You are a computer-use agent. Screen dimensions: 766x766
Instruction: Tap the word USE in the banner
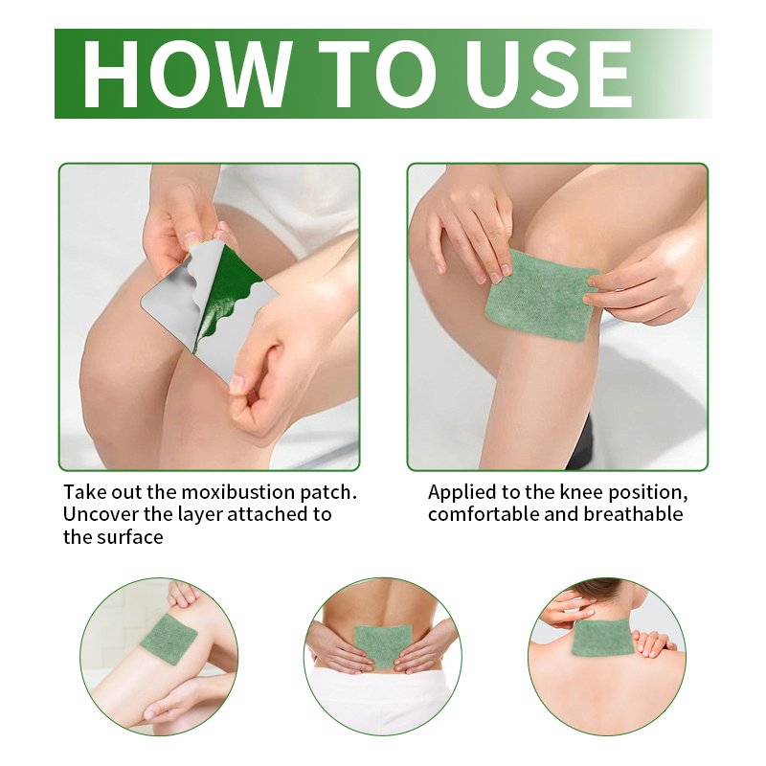pyautogui.click(x=548, y=75)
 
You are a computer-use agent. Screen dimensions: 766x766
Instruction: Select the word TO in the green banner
pyautogui.click(x=376, y=75)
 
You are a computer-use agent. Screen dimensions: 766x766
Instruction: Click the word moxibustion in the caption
pyautogui.click(x=237, y=492)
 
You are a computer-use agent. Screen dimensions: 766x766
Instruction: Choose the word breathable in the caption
pyautogui.click(x=633, y=514)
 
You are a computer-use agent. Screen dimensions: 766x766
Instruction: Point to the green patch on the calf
pyautogui.click(x=169, y=639)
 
